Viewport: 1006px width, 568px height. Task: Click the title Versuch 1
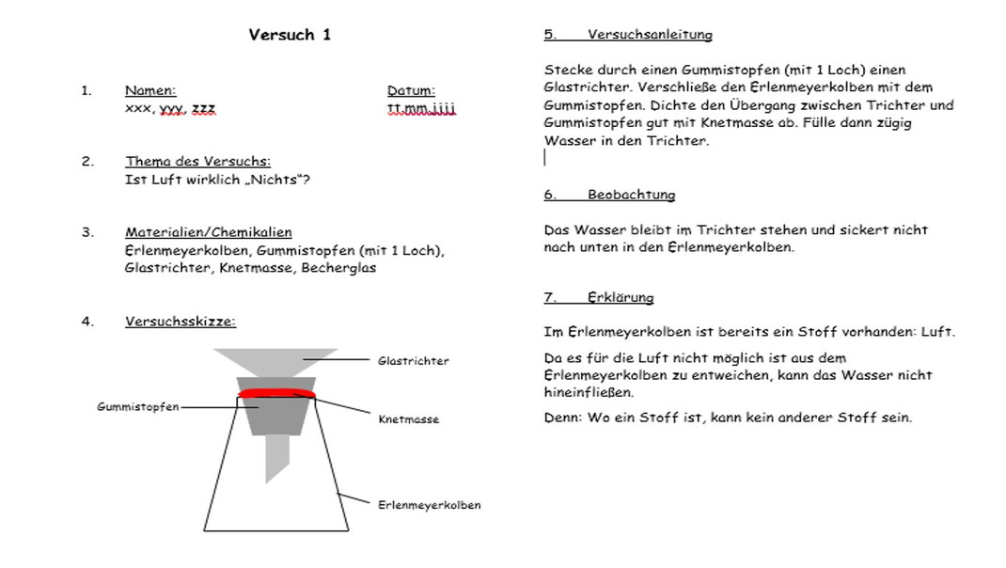289,36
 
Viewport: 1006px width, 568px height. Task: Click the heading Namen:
149,91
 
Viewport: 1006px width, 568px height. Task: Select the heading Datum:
411,91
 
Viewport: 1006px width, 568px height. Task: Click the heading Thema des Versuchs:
197,162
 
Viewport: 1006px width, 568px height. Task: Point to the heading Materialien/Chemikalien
208,232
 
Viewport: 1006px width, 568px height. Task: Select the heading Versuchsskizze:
180,322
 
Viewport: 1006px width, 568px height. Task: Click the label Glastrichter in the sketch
413,361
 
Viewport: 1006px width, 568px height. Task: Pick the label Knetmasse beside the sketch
408,419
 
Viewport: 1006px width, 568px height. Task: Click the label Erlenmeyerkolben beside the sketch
429,505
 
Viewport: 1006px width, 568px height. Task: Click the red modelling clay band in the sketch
276,393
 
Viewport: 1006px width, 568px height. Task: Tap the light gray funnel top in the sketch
276,363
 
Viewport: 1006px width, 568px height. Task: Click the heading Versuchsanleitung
650,35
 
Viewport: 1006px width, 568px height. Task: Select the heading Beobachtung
631,196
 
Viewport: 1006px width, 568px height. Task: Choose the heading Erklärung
621,298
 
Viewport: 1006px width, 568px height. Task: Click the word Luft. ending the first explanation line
938,333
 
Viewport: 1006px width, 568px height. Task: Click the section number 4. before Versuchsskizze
87,322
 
